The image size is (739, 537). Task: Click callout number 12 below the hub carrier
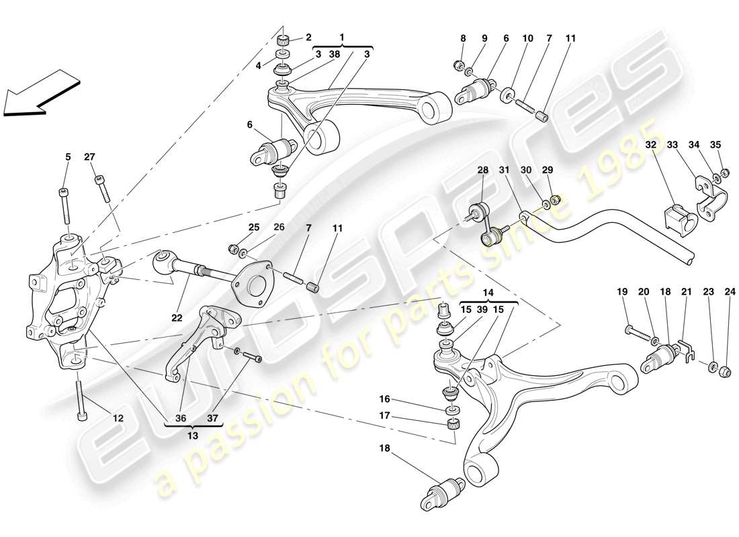(118, 418)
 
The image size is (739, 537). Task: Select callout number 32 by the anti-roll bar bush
(652, 144)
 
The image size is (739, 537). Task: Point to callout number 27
(90, 157)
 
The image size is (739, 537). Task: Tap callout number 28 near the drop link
(482, 170)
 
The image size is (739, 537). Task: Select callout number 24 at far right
(730, 292)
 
